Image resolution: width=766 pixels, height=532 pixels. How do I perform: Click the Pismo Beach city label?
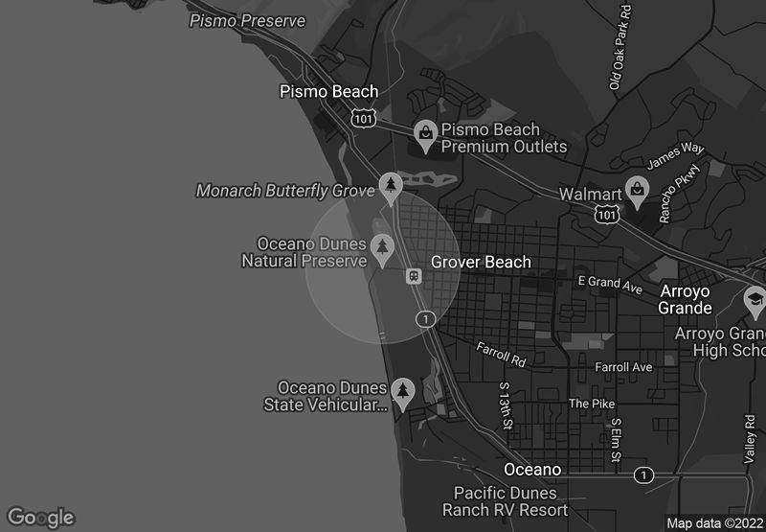(328, 92)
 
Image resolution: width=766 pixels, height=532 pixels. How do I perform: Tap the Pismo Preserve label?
(247, 21)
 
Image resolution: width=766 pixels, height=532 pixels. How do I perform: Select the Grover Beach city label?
(481, 262)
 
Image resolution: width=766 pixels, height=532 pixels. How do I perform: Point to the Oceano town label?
(532, 470)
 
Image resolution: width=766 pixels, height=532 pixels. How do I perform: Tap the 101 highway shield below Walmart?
(605, 216)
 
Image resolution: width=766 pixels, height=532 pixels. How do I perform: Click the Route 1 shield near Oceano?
(644, 474)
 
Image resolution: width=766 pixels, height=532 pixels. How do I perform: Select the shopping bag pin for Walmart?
(635, 189)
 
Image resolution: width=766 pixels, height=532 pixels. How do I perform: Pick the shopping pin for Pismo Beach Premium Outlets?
(424, 132)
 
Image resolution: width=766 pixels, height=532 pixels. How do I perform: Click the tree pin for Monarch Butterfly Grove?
(390, 183)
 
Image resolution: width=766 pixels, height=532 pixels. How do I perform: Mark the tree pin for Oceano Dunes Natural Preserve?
(383, 247)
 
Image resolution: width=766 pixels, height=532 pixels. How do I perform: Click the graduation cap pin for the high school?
(755, 301)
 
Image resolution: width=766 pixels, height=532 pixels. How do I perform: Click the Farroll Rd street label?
(501, 355)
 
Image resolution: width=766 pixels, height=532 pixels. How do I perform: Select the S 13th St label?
(505, 405)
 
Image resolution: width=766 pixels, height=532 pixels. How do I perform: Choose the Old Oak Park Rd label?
(620, 47)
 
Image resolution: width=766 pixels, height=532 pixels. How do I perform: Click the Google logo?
(39, 518)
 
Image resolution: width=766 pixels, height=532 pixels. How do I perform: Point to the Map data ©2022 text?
(714, 523)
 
